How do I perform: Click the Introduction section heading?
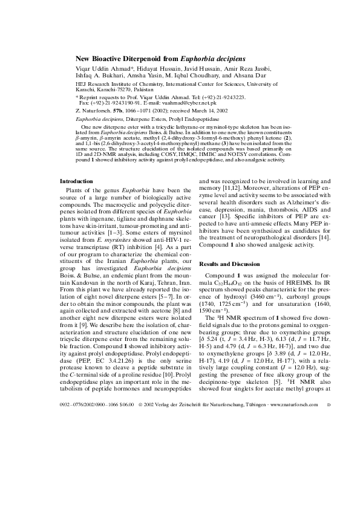coord(76,181)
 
